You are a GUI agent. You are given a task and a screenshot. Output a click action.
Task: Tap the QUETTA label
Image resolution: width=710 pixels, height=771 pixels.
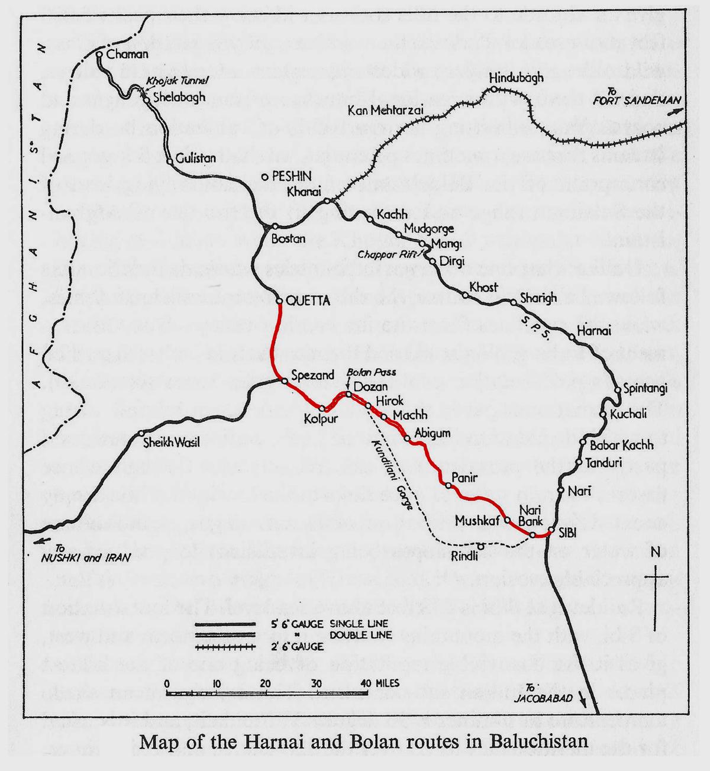point(306,301)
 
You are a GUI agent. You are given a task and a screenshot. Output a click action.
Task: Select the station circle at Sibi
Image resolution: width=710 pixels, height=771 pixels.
point(550,530)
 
